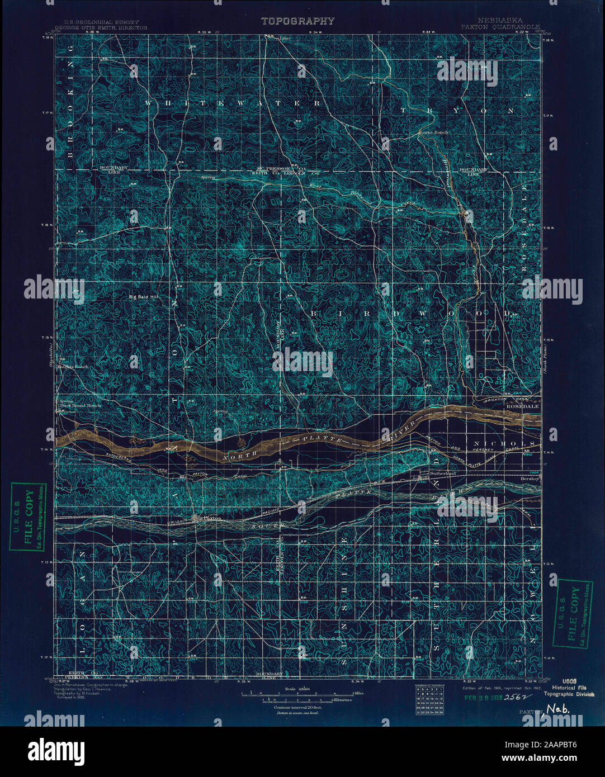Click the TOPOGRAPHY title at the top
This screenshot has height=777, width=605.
click(297, 21)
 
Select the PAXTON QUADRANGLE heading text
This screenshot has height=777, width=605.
click(500, 26)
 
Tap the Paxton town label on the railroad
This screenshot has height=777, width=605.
click(211, 518)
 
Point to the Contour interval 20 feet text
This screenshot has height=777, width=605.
click(297, 707)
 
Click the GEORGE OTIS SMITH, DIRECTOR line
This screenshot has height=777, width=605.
click(101, 27)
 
